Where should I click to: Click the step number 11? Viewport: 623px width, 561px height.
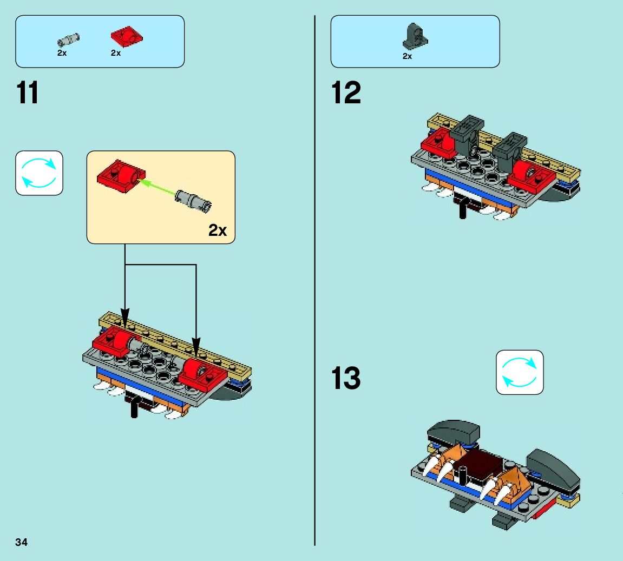[x=28, y=93]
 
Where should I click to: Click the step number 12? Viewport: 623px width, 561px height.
[x=346, y=93]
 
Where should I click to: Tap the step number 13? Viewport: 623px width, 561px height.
[x=346, y=378]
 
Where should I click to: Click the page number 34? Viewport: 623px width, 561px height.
[x=22, y=542]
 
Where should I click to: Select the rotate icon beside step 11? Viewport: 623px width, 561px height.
[x=39, y=173]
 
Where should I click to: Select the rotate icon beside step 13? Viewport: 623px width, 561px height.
[x=520, y=372]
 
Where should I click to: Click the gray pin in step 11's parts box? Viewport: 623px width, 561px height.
[x=69, y=39]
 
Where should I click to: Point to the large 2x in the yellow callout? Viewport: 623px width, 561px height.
[x=218, y=230]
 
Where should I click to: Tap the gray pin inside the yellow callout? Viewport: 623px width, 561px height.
[x=193, y=199]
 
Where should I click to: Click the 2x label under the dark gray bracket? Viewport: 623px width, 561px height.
[x=407, y=56]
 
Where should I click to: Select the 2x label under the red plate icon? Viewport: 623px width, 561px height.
[x=116, y=53]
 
